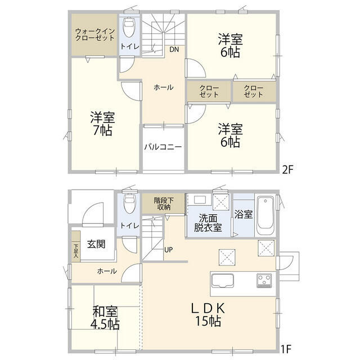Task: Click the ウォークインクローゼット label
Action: point(94,34)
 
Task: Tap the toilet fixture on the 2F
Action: point(129,26)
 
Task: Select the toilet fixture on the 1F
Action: point(129,203)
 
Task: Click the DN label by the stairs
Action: point(174,49)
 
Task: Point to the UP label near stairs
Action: point(168,249)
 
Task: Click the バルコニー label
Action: point(163,147)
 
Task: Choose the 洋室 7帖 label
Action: point(103,124)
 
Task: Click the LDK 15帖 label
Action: point(208,315)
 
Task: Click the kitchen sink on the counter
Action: point(226,280)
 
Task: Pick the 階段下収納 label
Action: point(164,202)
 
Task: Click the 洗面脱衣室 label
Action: point(209,223)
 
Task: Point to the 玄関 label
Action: point(96,245)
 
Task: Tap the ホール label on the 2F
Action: point(163,87)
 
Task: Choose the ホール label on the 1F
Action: point(107,271)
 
